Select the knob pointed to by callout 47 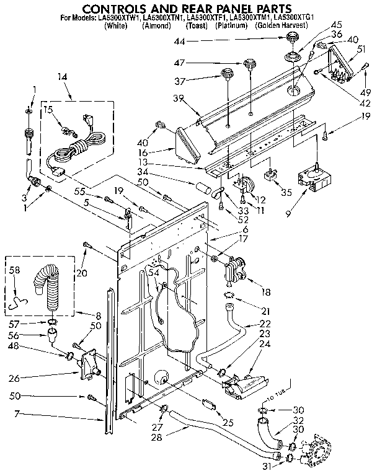(250, 64)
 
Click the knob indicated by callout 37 (227, 78)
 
